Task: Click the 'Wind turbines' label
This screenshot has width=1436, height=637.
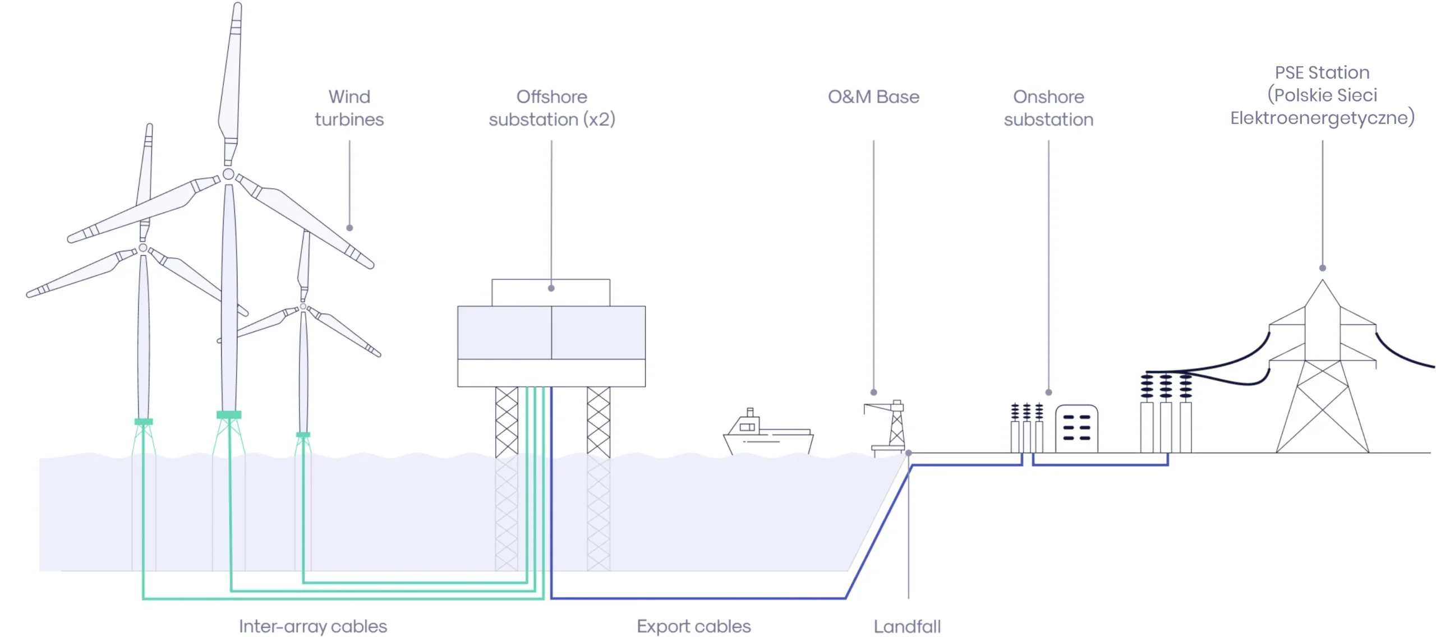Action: [x=349, y=108]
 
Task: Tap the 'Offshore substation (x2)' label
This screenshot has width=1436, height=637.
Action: [x=551, y=108]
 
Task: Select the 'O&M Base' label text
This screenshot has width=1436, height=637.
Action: [x=873, y=97]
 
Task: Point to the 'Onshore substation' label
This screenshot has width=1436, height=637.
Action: [x=1048, y=108]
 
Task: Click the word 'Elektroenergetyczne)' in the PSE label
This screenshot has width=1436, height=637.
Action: [x=1322, y=118]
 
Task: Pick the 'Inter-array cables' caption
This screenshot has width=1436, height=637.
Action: [x=312, y=626]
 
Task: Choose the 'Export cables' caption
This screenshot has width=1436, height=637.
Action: [x=693, y=626]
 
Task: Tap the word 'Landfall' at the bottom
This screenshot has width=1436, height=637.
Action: [x=907, y=626]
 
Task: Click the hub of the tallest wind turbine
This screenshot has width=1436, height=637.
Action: [x=228, y=174]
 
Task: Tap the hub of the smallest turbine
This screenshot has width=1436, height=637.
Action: [x=303, y=307]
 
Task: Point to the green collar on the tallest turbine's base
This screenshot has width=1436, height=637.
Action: [x=229, y=415]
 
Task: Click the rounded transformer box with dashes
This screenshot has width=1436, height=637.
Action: [x=1076, y=428]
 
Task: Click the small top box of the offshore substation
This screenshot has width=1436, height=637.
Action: [x=551, y=292]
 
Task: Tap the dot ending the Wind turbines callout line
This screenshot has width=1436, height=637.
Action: [x=349, y=228]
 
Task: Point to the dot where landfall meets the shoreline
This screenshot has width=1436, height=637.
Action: [x=908, y=453]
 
